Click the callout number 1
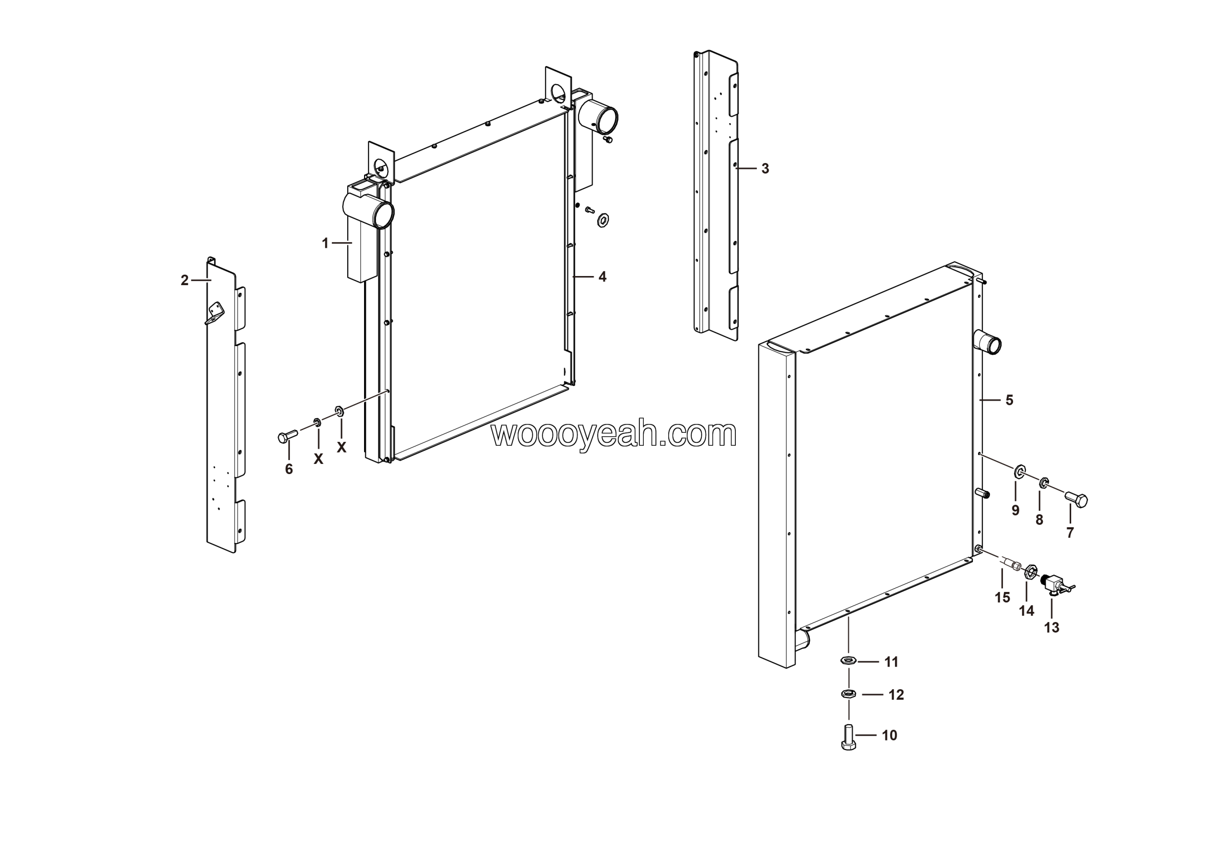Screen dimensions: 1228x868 325,243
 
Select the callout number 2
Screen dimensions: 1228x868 185,280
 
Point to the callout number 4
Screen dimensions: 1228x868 602,277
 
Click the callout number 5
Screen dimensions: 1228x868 1009,400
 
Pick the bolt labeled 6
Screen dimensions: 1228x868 288,436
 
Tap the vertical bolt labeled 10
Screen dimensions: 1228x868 848,738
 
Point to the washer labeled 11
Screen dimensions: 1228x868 848,661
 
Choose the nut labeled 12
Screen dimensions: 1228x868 848,694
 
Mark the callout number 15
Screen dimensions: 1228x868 1002,598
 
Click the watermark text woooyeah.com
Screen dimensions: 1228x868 614,434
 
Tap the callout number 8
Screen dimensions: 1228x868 1039,520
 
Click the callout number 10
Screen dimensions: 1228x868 889,735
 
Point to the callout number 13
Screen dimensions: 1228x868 1051,627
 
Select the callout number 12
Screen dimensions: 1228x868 897,695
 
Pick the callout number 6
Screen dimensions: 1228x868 289,469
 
